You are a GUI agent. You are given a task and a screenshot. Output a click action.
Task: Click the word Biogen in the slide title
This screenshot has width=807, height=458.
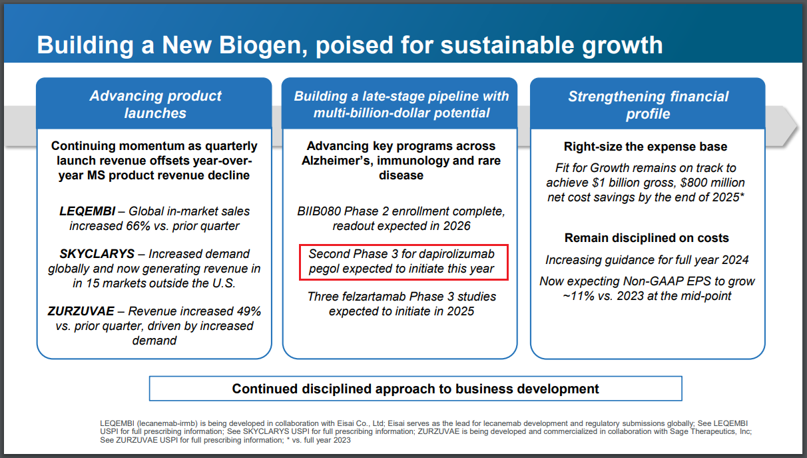click(262, 46)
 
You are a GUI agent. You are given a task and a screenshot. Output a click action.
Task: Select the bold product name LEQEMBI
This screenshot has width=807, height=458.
click(87, 211)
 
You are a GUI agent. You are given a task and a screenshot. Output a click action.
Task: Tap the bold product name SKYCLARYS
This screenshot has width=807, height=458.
click(97, 254)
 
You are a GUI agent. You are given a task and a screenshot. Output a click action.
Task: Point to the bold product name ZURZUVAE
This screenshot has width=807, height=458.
click(81, 311)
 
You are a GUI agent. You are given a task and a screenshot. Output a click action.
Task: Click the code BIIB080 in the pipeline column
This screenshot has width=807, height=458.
click(319, 211)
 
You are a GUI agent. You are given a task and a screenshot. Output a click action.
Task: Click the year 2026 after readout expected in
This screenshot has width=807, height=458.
click(457, 226)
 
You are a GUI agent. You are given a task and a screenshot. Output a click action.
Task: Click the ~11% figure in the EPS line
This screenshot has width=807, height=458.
click(577, 296)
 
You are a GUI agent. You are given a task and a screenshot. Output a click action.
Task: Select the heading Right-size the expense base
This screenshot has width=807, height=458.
click(645, 147)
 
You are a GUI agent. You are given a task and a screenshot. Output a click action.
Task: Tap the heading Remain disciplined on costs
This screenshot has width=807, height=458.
click(647, 238)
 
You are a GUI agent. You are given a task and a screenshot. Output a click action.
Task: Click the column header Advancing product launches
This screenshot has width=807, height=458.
click(155, 105)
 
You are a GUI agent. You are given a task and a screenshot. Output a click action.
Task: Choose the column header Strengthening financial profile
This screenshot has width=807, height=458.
click(648, 105)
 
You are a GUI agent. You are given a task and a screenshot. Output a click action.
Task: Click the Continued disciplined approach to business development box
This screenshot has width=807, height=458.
click(415, 389)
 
